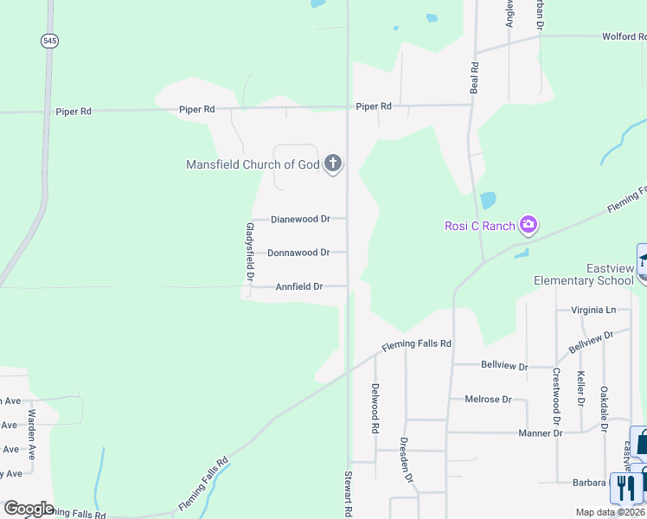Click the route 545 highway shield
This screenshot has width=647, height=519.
point(48,41)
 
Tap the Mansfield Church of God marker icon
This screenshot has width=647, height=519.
point(333,164)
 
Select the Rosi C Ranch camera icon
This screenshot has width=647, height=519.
point(528,226)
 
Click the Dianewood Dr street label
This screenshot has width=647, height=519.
point(300,219)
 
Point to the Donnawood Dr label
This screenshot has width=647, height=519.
point(298,253)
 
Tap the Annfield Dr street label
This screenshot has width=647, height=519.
point(299,286)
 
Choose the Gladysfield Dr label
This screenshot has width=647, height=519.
point(248,250)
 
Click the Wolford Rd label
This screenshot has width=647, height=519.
point(624,37)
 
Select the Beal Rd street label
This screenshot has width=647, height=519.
point(474,78)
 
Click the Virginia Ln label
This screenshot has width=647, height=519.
point(593,310)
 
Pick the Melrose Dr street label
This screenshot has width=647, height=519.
point(489,400)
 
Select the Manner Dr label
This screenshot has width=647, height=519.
point(540,432)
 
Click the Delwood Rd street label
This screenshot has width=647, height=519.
point(375,408)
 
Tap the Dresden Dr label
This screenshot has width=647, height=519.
point(405,459)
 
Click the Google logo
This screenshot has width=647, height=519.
point(29,509)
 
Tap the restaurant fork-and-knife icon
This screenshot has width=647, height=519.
point(623,487)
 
